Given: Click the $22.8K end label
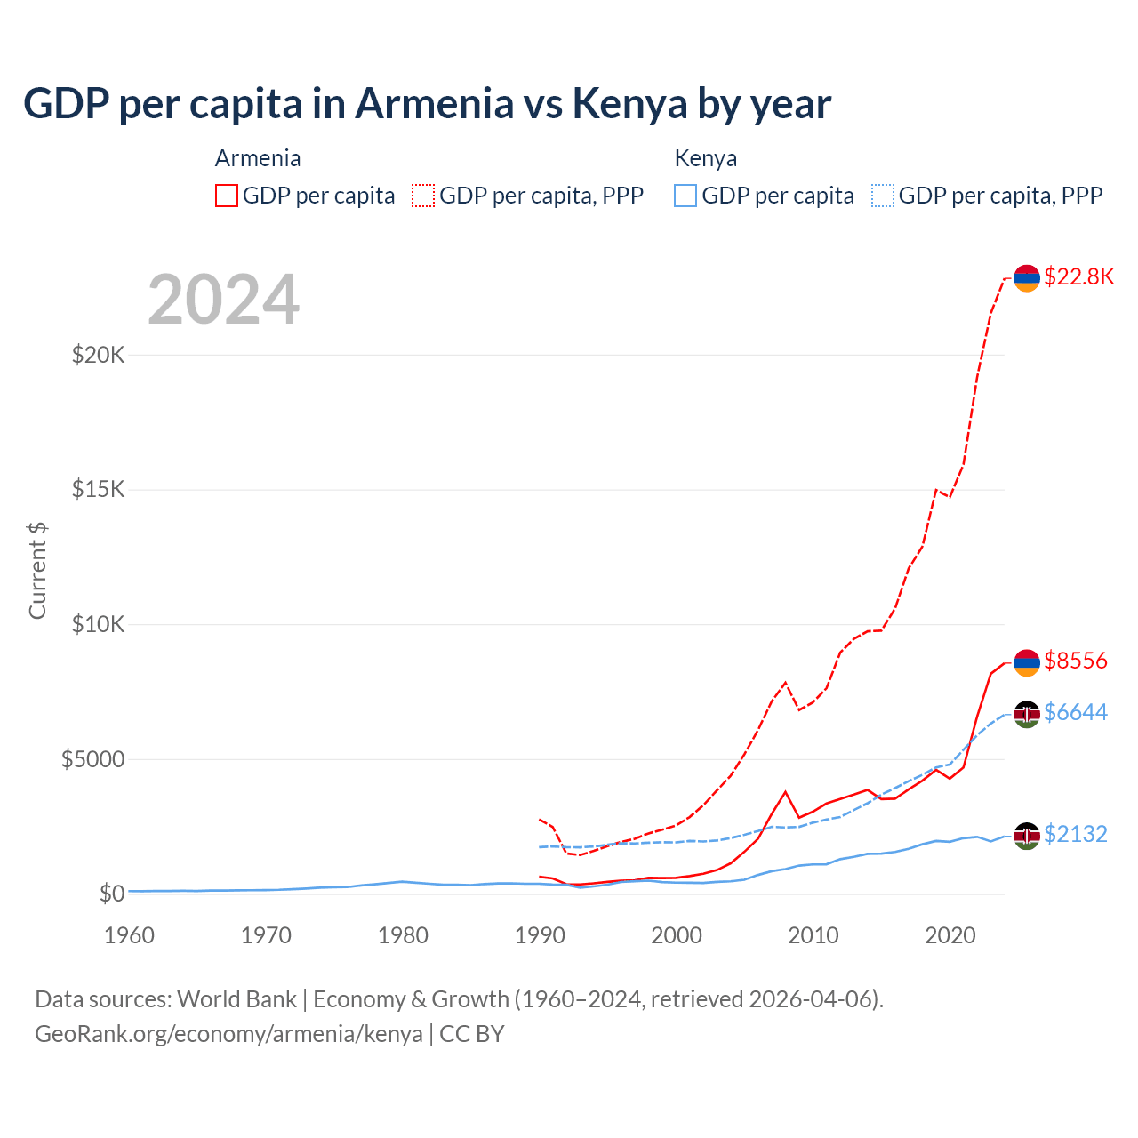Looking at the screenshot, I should point(1078,276).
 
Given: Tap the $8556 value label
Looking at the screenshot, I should point(1075,661).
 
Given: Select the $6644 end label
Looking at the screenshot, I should point(1075,712).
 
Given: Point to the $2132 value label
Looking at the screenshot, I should point(1075,834).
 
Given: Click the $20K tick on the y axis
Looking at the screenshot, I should point(99,356).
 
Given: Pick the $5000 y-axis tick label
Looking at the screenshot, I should point(92,759).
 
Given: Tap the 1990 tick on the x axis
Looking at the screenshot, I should point(540,935).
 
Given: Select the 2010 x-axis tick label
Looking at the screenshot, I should point(813,935).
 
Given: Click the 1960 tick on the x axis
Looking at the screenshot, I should point(130,935).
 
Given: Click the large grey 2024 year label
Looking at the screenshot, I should point(223,300).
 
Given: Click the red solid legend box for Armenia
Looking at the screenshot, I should point(227,196).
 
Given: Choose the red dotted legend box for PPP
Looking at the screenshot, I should point(423,196).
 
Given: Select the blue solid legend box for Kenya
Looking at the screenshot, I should point(685,196).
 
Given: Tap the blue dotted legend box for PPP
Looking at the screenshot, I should point(883,196).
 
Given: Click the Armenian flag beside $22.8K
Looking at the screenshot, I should point(1027,278).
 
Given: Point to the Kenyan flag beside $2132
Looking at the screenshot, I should point(1027,836).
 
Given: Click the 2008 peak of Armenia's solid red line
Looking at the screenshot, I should point(785,791).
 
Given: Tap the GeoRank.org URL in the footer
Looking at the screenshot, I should point(228,1034).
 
